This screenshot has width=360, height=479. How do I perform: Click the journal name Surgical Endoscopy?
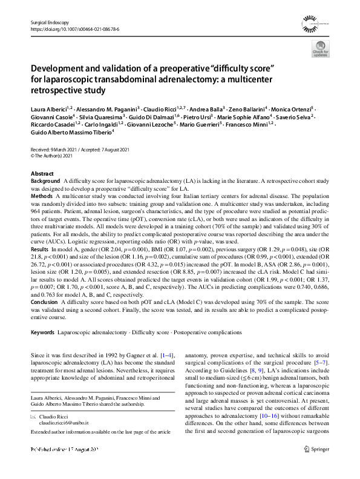click(x=50, y=21)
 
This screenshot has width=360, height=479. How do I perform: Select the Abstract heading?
click(x=42, y=174)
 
